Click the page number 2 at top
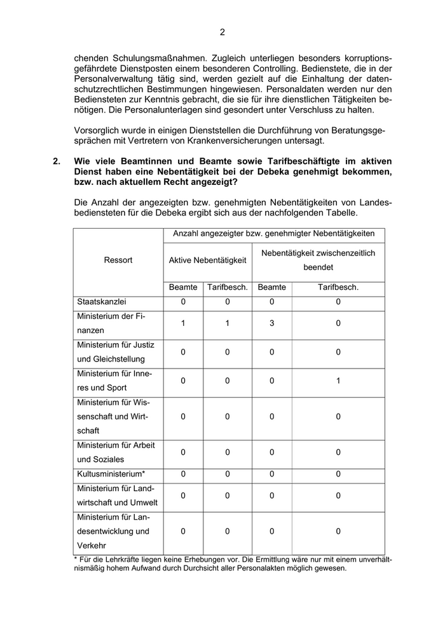(x=222, y=32)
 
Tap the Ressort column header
(x=119, y=260)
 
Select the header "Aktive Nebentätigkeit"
(x=207, y=260)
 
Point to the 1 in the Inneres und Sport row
(x=338, y=381)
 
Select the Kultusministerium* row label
(x=111, y=474)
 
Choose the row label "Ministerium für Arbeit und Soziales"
(x=115, y=452)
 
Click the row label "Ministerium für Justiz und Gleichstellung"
(x=115, y=352)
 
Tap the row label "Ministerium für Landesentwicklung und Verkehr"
(x=113, y=531)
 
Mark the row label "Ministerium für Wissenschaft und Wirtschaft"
(x=113, y=417)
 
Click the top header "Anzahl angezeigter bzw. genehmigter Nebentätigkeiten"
(x=274, y=234)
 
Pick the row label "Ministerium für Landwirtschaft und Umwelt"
(x=115, y=496)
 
